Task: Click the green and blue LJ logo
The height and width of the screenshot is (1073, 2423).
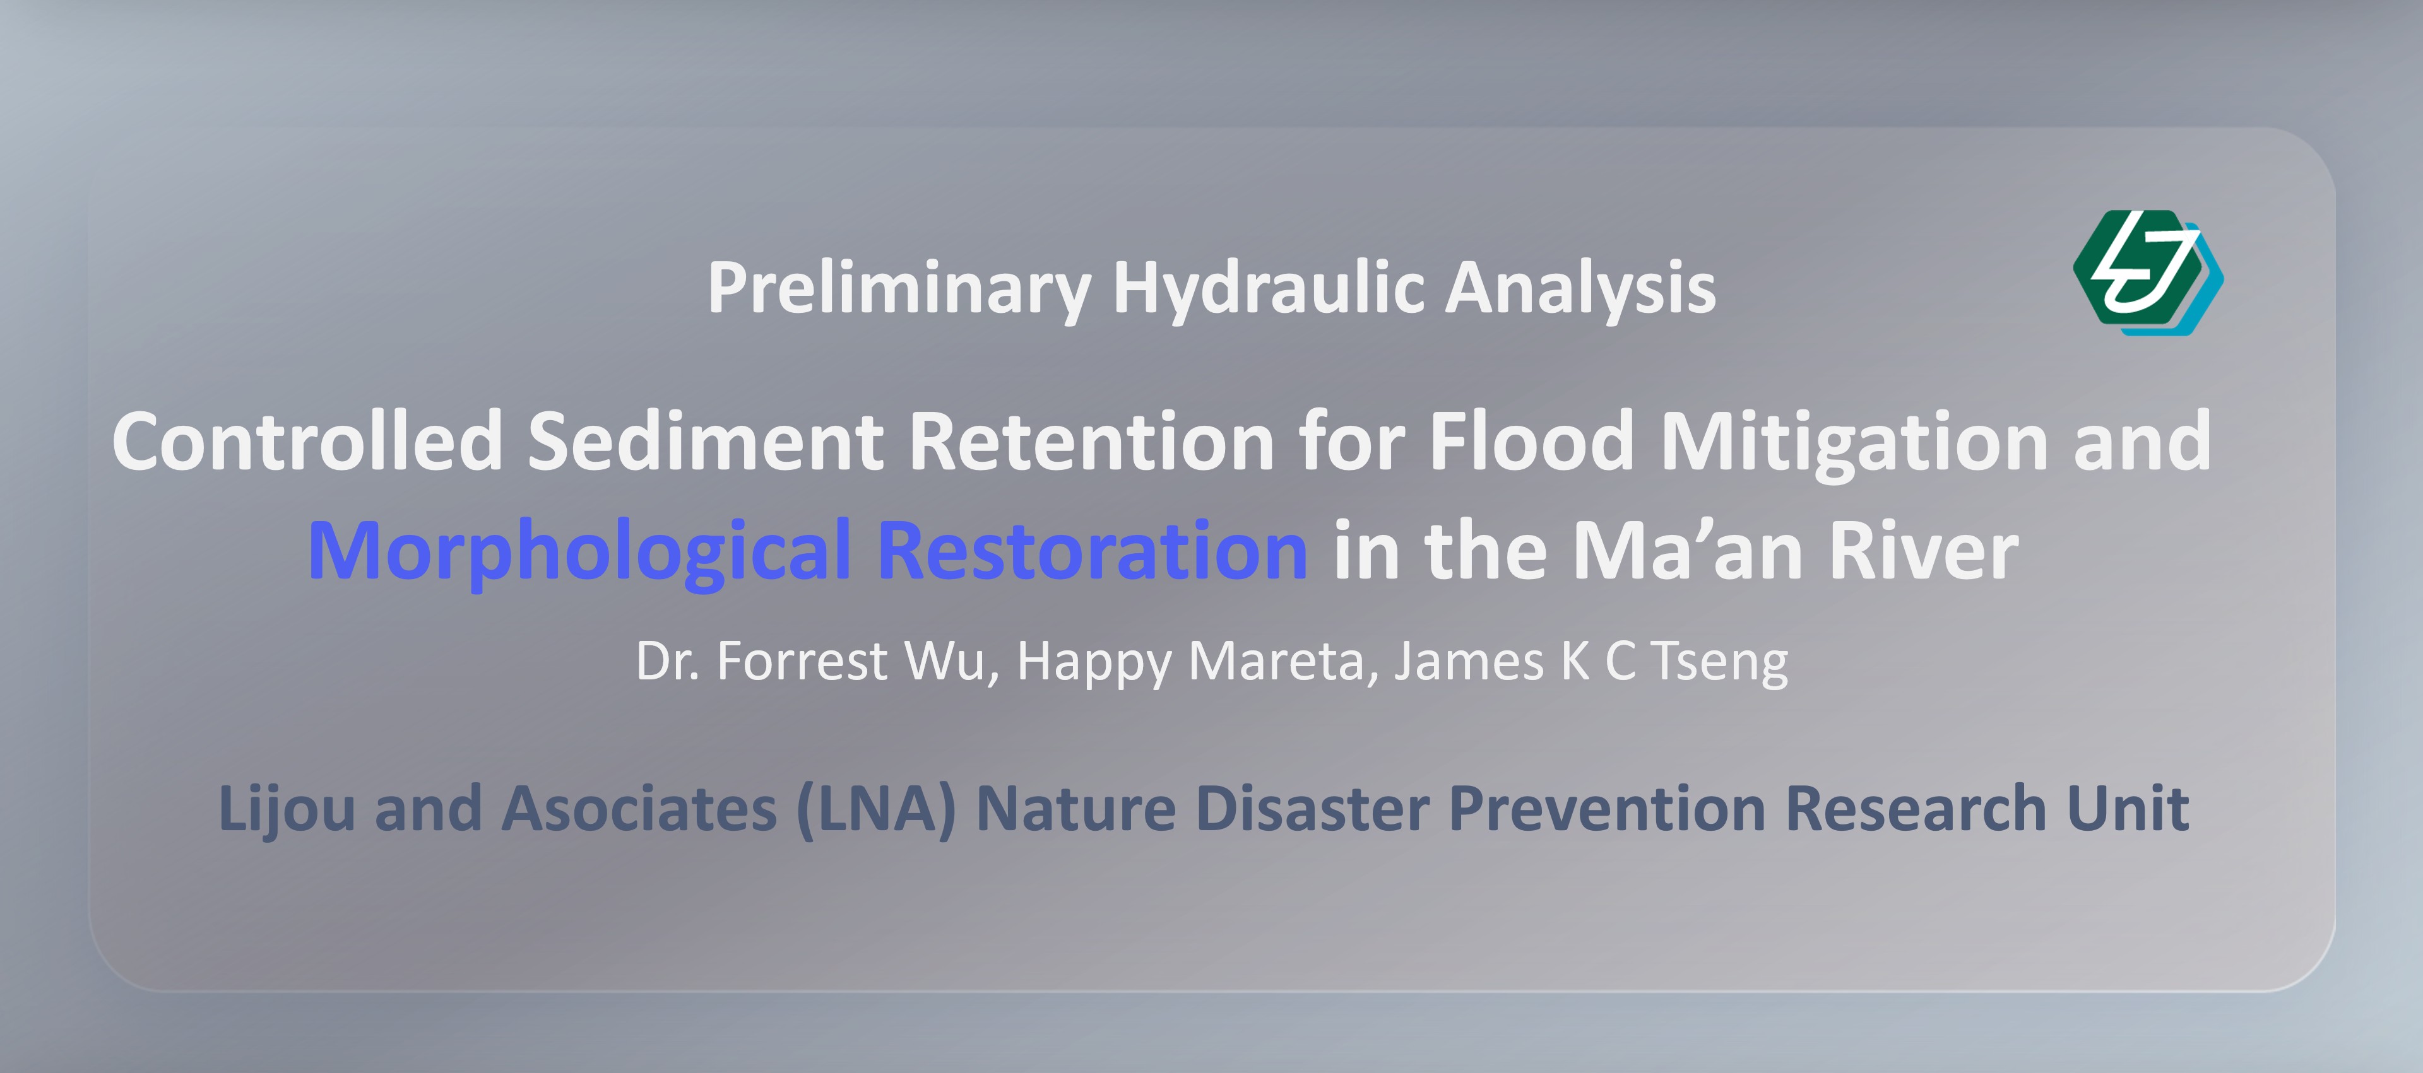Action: click(x=2148, y=272)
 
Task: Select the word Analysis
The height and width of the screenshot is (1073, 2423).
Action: click(x=1580, y=290)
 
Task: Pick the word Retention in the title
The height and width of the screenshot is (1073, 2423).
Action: click(x=1091, y=442)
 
